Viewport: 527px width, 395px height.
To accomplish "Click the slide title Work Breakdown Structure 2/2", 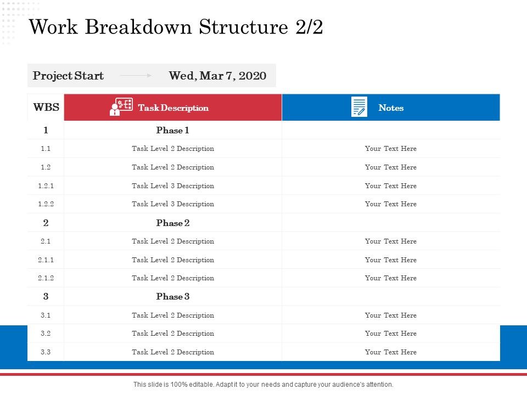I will (176, 27).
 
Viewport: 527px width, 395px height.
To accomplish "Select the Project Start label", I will (68, 76).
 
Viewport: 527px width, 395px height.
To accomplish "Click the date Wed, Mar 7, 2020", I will (217, 76).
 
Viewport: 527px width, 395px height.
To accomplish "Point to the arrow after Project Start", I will (136, 76).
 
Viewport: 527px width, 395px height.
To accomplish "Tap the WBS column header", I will (46, 108).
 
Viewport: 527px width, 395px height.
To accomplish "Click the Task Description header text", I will (173, 108).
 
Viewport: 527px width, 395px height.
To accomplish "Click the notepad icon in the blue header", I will (359, 107).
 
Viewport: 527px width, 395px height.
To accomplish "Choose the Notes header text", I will (391, 108).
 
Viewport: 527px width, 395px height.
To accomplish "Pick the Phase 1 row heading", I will (172, 131).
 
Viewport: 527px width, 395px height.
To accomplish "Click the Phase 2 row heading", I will (172, 223).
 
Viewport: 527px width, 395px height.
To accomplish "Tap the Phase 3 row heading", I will (172, 297).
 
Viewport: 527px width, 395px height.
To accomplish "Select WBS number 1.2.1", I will (46, 186).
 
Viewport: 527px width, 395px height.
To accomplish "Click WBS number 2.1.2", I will (46, 278).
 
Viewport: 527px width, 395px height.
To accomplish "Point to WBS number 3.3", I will (46, 352).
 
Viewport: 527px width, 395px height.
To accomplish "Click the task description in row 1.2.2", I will (173, 204).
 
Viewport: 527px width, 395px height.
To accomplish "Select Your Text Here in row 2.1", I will (391, 241).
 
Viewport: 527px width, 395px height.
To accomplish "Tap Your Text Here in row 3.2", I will (391, 334).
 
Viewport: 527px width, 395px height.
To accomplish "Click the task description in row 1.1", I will (173, 149).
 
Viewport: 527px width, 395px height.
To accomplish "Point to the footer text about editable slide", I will (263, 385).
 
